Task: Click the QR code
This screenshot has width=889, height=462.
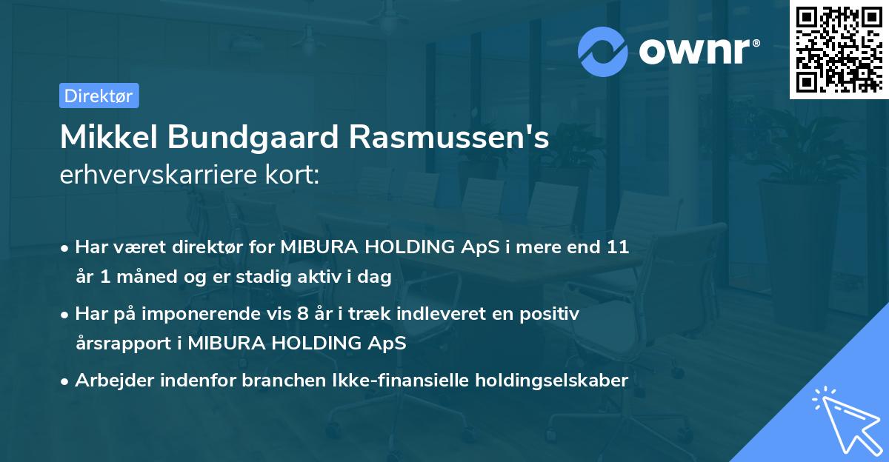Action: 838,50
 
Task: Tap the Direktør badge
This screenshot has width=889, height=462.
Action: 99,96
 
